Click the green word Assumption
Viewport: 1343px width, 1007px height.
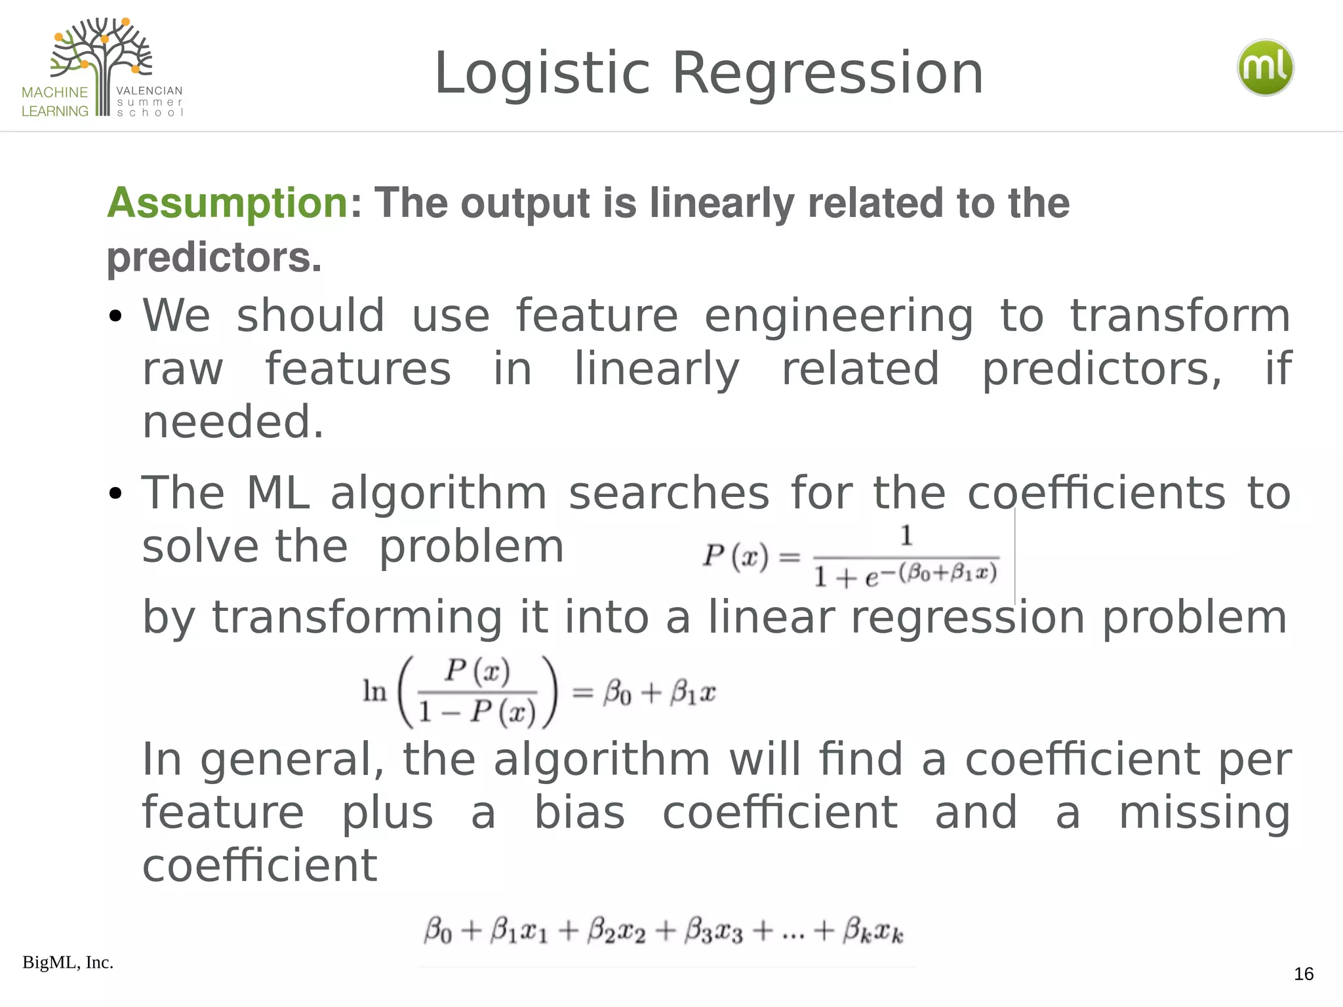[227, 203]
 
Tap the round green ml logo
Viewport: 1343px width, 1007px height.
[1265, 68]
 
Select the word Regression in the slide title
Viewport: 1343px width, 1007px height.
[828, 73]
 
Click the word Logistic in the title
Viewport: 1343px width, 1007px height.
[542, 73]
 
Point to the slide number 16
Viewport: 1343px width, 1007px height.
[1304, 974]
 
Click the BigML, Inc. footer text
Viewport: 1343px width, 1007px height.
[68, 962]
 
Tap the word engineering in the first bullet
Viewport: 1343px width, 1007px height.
[839, 317]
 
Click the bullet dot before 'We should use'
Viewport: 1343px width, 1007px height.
[116, 317]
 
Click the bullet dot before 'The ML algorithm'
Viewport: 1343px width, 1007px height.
[116, 493]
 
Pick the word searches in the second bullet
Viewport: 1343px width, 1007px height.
[669, 493]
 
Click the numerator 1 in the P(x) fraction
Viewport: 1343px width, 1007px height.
[906, 536]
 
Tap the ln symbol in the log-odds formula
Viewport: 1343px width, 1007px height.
[375, 691]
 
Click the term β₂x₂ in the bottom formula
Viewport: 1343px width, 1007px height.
[616, 931]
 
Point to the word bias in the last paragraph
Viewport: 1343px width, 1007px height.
[580, 813]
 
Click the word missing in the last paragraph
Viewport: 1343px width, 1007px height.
[1204, 813]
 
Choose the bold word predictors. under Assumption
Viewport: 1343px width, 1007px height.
[214, 258]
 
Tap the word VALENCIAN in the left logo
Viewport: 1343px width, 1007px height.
[150, 90]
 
